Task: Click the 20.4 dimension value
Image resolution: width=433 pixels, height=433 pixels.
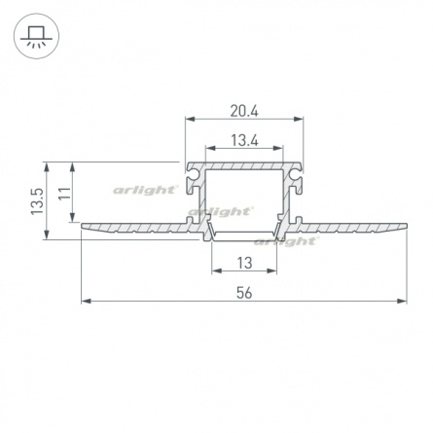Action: click(x=244, y=111)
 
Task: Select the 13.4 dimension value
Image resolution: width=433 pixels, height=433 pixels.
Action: click(x=244, y=141)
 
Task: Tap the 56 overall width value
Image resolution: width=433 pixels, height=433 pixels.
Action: click(x=244, y=293)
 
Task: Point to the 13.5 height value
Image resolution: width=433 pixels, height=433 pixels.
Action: click(x=37, y=201)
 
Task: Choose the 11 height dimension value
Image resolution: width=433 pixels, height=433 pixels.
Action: click(x=65, y=194)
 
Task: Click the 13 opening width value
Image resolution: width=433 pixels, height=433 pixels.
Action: click(x=244, y=263)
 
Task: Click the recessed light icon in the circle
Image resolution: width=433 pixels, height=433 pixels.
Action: click(x=36, y=36)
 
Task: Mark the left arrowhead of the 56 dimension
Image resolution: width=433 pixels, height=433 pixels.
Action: click(x=86, y=302)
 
